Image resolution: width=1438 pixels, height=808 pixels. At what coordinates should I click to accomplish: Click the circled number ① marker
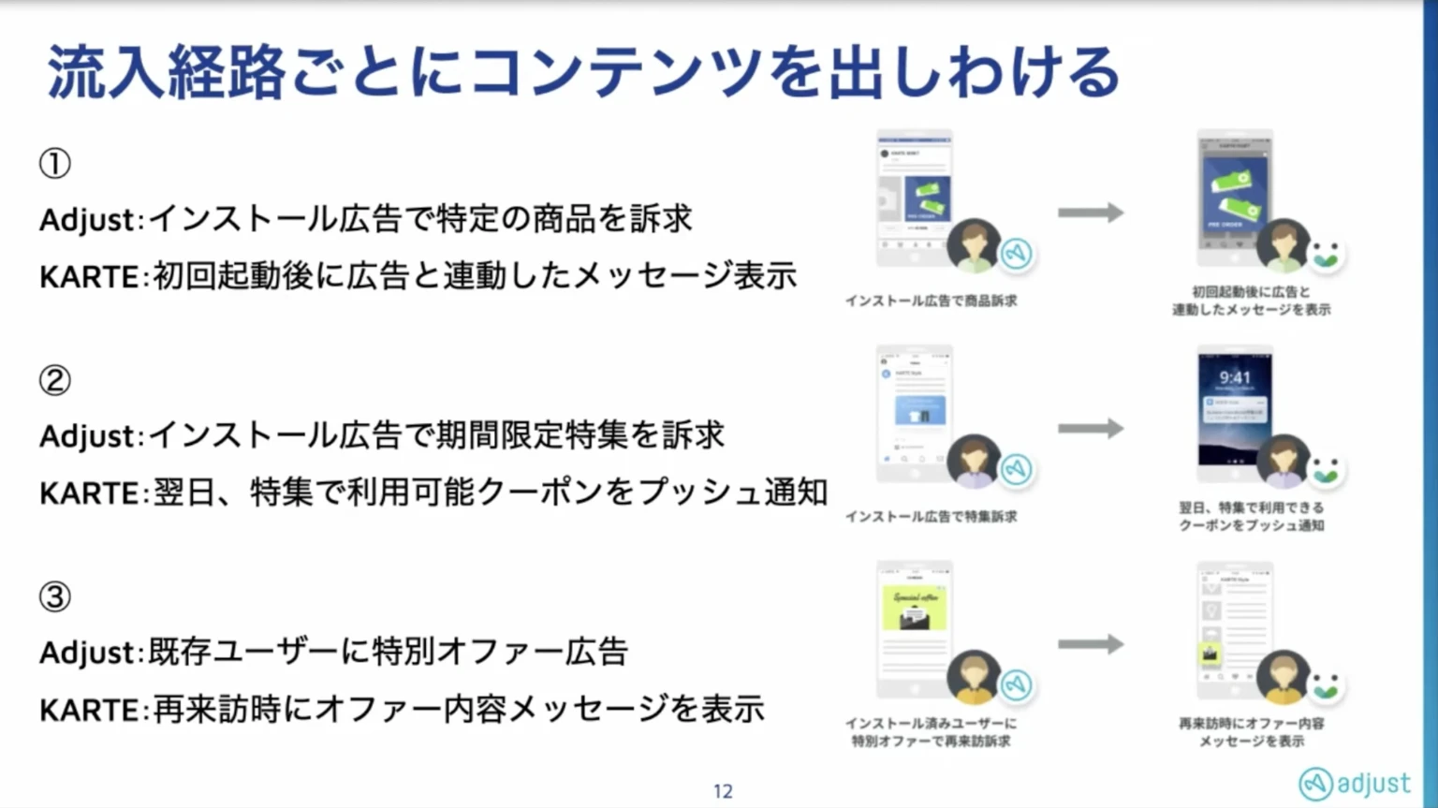(54, 164)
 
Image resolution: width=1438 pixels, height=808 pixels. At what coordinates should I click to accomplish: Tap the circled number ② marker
(54, 380)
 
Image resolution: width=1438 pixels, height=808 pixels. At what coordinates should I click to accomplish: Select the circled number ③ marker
(54, 596)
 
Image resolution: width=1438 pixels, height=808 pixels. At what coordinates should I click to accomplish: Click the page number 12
(723, 791)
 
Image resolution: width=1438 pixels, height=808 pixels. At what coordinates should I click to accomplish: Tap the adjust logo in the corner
(1354, 784)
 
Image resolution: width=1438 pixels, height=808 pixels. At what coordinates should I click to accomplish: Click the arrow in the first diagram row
(1091, 213)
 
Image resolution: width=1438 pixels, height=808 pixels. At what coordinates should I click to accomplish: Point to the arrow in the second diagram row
(1091, 429)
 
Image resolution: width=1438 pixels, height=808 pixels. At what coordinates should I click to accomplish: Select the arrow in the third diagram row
(1091, 644)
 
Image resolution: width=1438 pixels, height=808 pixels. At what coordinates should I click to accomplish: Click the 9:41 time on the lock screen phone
(1235, 377)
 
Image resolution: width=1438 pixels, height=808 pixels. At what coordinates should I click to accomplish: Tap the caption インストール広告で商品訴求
(931, 301)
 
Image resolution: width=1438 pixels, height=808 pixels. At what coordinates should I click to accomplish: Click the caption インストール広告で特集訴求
(931, 517)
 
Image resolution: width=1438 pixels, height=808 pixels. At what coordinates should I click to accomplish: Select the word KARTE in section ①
(89, 277)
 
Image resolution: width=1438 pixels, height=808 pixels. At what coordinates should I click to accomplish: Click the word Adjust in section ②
(88, 436)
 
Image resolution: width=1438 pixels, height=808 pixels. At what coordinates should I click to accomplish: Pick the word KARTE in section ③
(89, 710)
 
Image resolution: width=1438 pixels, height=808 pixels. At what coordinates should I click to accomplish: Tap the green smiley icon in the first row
(1326, 254)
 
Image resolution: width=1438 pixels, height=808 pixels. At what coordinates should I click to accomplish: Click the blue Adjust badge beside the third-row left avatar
(1016, 684)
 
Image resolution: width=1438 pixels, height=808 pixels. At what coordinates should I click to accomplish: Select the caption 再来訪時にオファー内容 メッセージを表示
(1251, 732)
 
